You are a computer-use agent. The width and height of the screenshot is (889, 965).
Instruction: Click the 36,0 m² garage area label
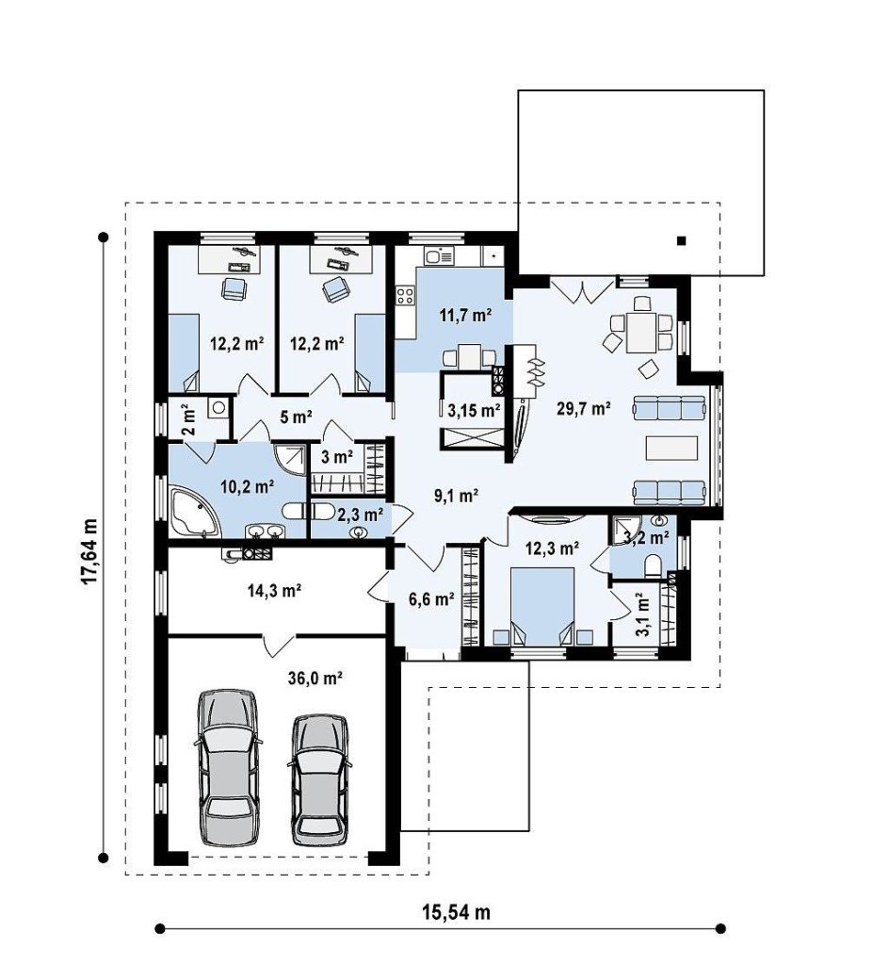coord(315,679)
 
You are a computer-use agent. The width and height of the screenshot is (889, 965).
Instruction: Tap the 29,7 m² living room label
coord(584,408)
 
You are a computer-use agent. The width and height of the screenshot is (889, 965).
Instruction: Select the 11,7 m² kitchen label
coord(465,316)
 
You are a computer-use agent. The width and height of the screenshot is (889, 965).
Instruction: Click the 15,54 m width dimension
coord(456,911)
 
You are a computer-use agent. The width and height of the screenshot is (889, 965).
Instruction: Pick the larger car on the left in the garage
coord(226,767)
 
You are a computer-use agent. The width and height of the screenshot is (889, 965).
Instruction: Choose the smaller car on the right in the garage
coord(319,779)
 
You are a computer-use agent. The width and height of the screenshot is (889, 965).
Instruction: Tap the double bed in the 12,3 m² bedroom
coord(542,606)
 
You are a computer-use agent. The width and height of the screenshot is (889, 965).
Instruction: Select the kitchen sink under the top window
coord(439,254)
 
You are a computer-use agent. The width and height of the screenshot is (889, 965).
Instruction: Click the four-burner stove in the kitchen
coord(405,295)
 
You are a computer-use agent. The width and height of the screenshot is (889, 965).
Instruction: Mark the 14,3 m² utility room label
coord(274,592)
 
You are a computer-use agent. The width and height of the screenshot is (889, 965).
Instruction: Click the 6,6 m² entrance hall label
coord(432,598)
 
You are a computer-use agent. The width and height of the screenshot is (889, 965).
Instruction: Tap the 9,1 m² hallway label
coord(457,496)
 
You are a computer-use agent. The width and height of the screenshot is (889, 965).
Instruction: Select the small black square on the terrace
coord(682,240)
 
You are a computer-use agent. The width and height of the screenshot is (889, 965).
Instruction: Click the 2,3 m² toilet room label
coord(361,514)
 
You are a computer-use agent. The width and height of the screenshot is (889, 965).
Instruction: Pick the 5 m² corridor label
coord(296,417)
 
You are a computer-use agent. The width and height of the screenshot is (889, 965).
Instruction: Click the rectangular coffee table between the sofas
coord(672,448)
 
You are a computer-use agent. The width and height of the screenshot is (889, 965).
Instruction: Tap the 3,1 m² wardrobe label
coord(640,615)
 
